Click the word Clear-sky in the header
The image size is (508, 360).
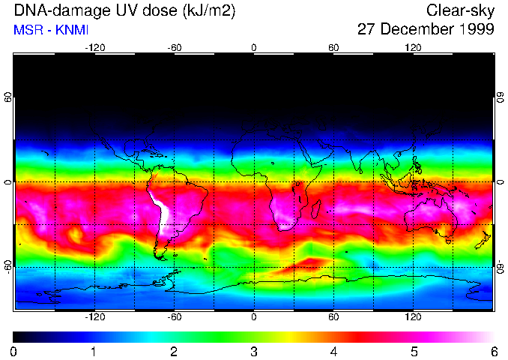click(460, 10)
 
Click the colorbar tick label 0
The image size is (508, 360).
click(14, 351)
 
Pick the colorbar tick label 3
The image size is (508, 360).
click(253, 351)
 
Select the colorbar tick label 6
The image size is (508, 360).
click(493, 351)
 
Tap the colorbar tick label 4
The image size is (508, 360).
click(333, 351)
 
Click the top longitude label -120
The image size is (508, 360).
click(94, 47)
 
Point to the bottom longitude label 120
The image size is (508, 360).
click(413, 316)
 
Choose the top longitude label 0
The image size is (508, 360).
click(254, 47)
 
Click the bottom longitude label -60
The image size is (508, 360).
click(175, 316)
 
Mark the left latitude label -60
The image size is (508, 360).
click(8, 266)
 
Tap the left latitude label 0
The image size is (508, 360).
click(8, 182)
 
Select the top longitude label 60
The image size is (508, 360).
click(333, 47)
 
